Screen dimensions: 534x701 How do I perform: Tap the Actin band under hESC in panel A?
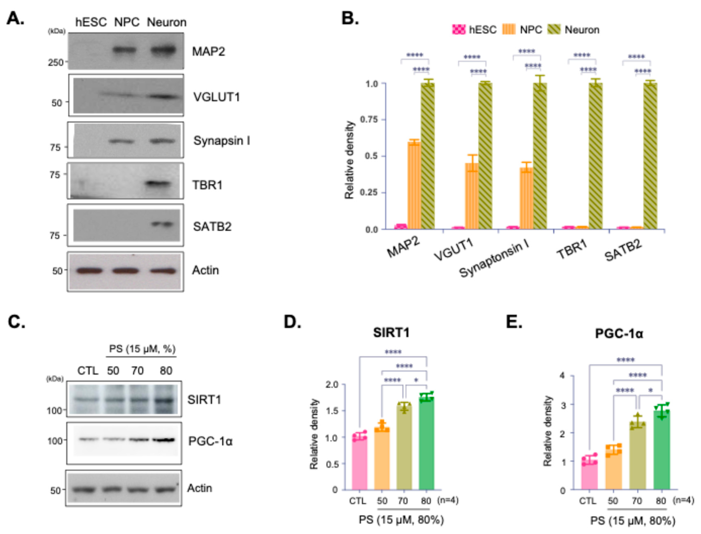click(90, 271)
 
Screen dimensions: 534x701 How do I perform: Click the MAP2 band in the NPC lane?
click(125, 50)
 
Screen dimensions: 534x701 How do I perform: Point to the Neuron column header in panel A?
click(166, 22)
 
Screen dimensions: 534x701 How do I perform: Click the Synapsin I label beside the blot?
click(222, 141)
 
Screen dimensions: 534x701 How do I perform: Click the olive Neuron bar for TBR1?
click(596, 156)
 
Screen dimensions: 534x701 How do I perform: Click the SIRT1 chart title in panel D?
click(391, 333)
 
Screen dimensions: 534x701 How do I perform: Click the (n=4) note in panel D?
click(448, 500)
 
